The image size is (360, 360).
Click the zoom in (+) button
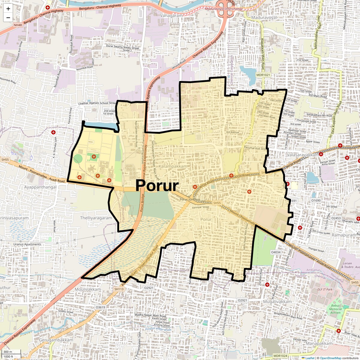click(x=8, y=9)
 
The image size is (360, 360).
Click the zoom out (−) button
click(x=8, y=17)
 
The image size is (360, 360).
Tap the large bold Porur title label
click(x=157, y=186)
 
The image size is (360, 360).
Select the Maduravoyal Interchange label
click(x=224, y=9)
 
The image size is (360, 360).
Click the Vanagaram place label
click(x=171, y=16)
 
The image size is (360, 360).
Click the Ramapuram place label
click(x=344, y=235)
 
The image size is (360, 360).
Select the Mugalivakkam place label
click(x=277, y=301)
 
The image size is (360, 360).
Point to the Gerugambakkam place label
click(x=56, y=340)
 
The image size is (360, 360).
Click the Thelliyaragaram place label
click(x=96, y=218)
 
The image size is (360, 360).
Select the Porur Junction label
click(x=190, y=199)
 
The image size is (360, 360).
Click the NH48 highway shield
click(x=18, y=25)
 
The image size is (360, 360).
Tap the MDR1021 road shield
click(x=263, y=75)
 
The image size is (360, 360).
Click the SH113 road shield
click(x=119, y=289)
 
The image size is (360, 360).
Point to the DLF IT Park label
click(x=325, y=289)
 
